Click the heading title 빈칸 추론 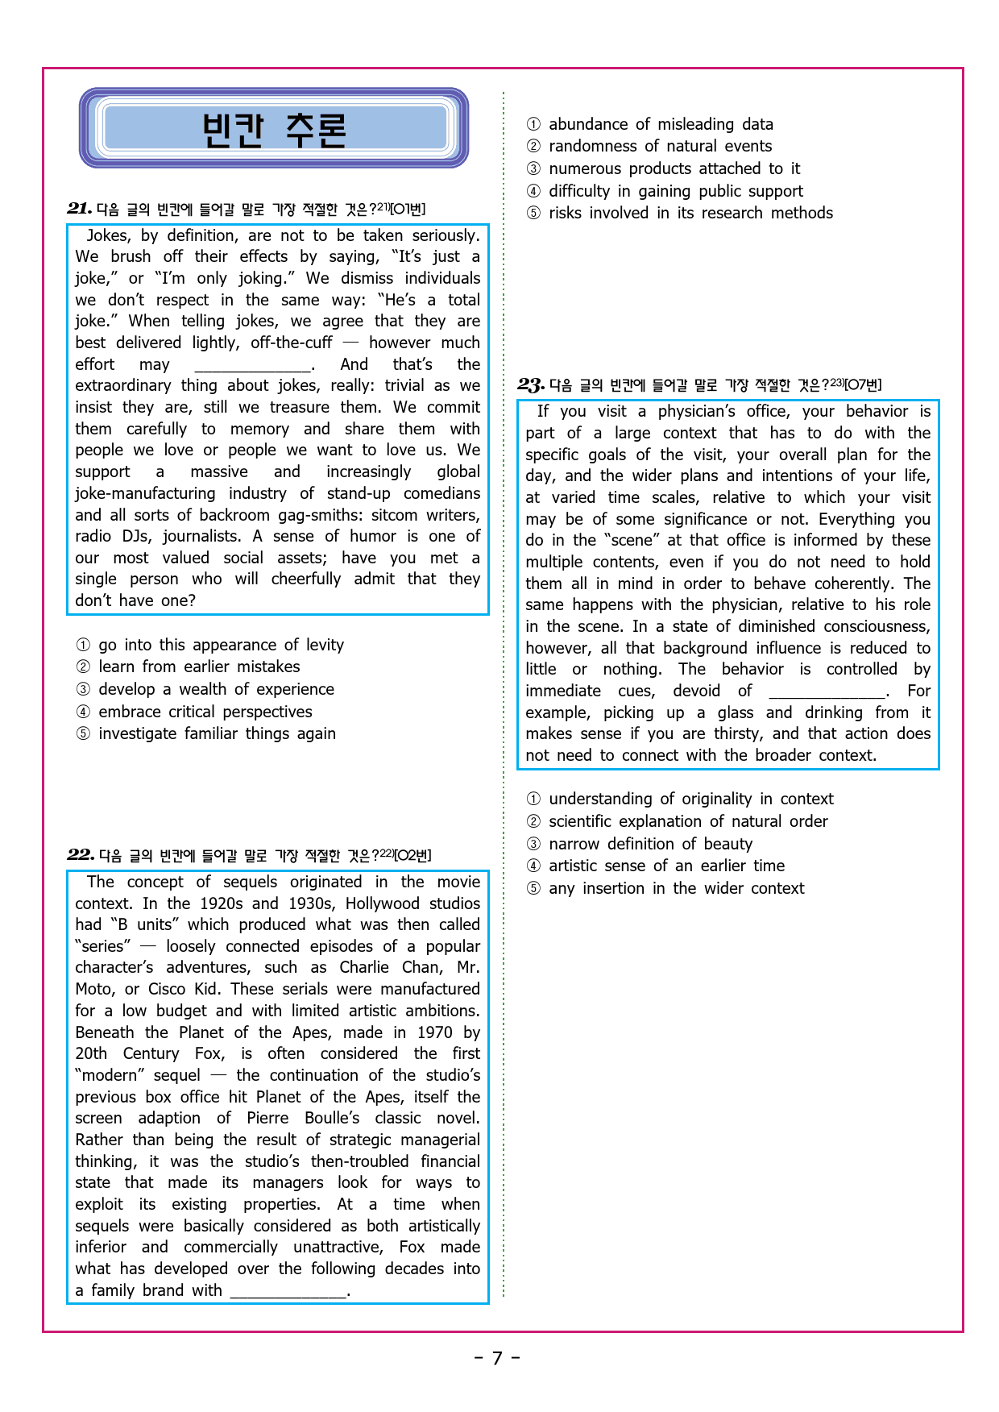[x=274, y=129]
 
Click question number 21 [x=79, y=209]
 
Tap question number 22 [x=81, y=855]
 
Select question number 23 [x=531, y=384]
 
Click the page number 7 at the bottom [x=497, y=1359]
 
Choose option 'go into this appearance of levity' [x=220, y=645]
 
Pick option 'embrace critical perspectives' [x=205, y=712]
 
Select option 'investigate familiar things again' [x=217, y=733]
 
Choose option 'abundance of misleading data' [x=661, y=124]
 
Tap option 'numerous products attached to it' [x=674, y=168]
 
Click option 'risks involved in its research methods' [x=690, y=213]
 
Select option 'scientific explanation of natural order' [x=688, y=821]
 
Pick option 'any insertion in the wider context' [x=676, y=888]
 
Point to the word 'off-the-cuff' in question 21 [x=291, y=343]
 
